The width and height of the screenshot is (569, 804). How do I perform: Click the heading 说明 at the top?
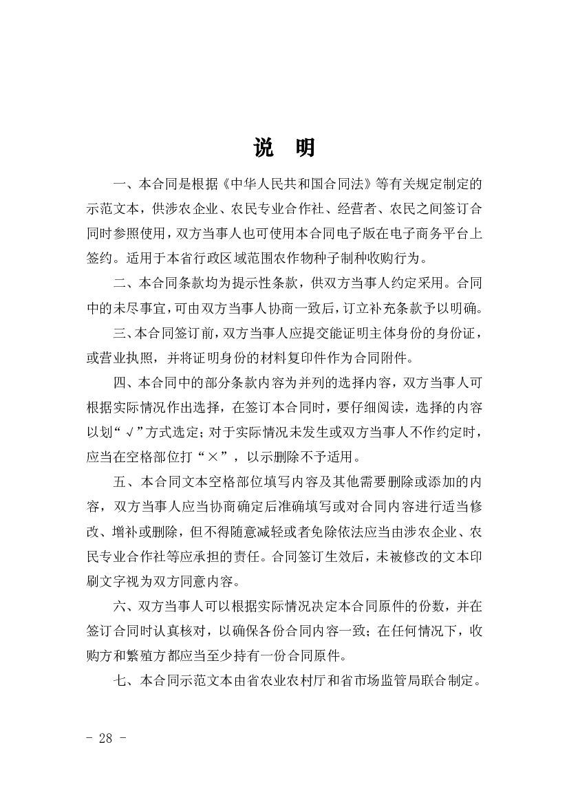(x=284, y=148)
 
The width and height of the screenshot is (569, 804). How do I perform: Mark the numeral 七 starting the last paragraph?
(x=118, y=681)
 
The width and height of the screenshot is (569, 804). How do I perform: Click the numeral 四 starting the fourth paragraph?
(x=118, y=382)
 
